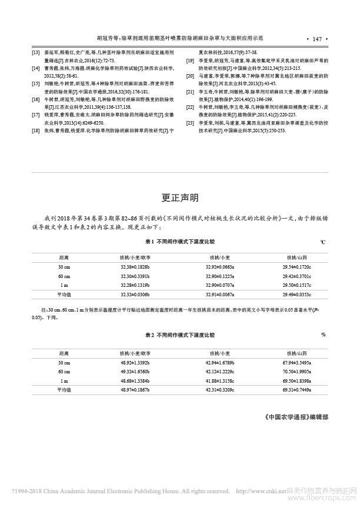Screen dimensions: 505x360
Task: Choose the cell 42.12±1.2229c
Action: (x=218, y=372)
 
